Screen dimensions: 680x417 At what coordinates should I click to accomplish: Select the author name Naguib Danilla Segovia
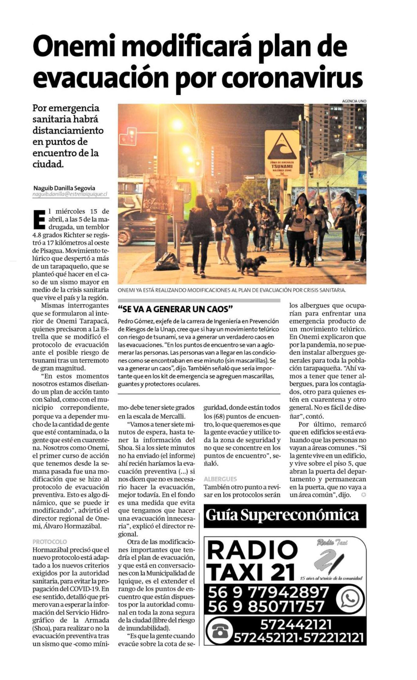click(x=64, y=188)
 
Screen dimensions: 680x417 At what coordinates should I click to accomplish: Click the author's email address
click(x=70, y=194)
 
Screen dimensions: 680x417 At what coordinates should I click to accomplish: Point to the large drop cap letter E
click(x=39, y=219)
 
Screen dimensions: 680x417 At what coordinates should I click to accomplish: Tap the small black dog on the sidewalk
click(x=253, y=264)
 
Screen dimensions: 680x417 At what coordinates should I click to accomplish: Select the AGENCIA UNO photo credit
click(x=354, y=101)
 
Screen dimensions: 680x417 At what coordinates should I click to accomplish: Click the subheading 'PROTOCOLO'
click(x=50, y=542)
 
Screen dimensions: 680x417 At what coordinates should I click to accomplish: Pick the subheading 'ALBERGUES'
click(x=220, y=479)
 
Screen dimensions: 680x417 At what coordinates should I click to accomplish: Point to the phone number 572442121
click(x=296, y=624)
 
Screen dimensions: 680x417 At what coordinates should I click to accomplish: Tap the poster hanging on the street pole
click(x=158, y=194)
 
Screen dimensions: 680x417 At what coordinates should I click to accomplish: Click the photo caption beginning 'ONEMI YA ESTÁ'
click(x=232, y=290)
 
